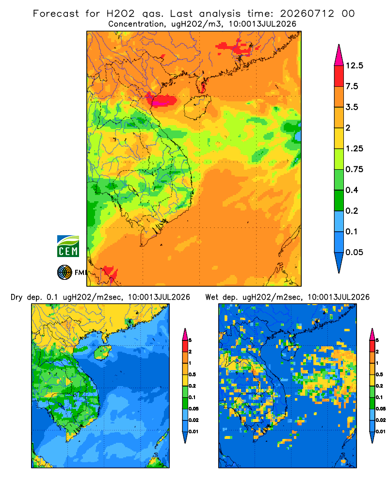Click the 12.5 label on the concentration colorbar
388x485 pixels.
(354, 65)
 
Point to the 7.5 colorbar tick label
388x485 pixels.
(352, 86)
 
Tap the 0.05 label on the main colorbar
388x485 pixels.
(354, 252)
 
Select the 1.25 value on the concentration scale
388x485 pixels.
(354, 148)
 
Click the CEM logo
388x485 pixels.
(68, 246)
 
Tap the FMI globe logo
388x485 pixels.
(65, 272)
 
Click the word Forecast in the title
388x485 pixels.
(56, 14)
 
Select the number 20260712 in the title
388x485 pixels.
(307, 14)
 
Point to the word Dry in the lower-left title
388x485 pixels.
(16, 297)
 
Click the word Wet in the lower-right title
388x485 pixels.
(212, 297)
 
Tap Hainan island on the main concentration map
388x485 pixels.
(197, 107)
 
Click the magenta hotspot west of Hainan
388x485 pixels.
(163, 101)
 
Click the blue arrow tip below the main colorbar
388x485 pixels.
(339, 273)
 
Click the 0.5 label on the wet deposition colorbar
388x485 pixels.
(379, 374)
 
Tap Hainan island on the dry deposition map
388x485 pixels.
(103, 352)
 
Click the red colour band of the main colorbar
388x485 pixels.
(339, 76)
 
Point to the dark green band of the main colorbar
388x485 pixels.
(339, 200)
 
